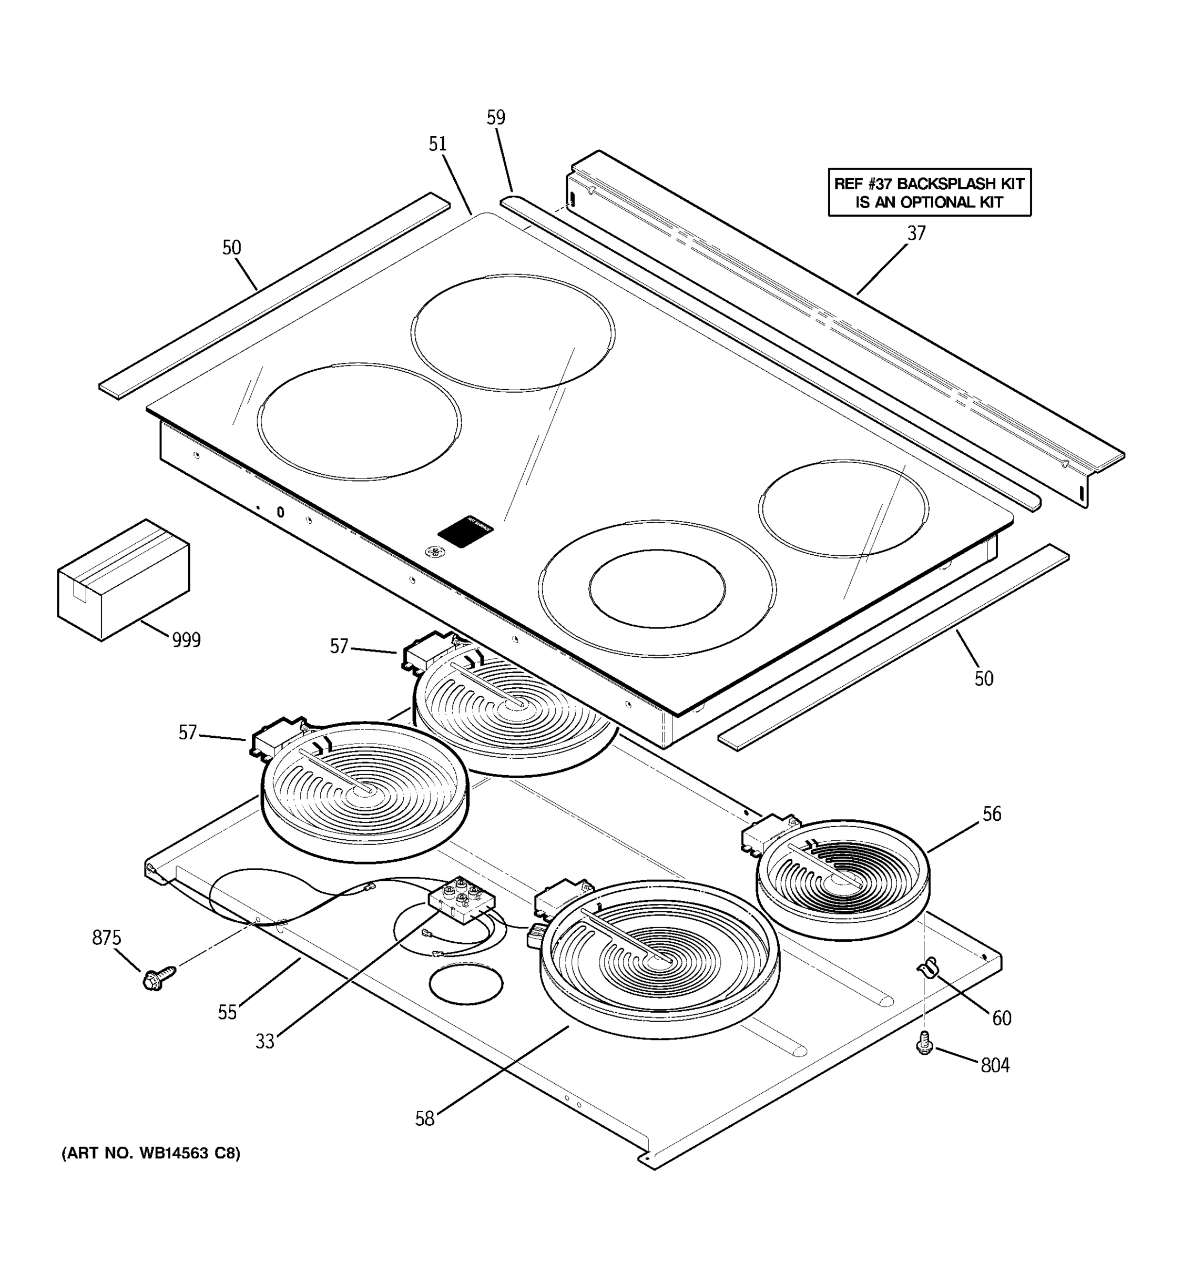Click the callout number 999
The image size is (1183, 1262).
click(186, 640)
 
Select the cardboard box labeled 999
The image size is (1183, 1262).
click(123, 579)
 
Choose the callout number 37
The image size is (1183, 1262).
click(916, 233)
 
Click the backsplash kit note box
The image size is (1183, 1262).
click(929, 192)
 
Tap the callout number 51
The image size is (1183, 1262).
click(437, 144)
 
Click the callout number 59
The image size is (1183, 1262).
click(496, 117)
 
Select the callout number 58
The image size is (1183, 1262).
click(425, 1118)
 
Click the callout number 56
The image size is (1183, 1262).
click(991, 814)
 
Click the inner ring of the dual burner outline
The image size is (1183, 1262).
click(656, 588)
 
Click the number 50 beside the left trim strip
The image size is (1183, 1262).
click(232, 248)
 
